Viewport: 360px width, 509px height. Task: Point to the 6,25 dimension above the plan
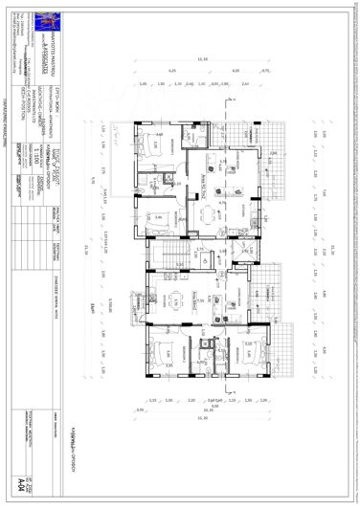173,72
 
